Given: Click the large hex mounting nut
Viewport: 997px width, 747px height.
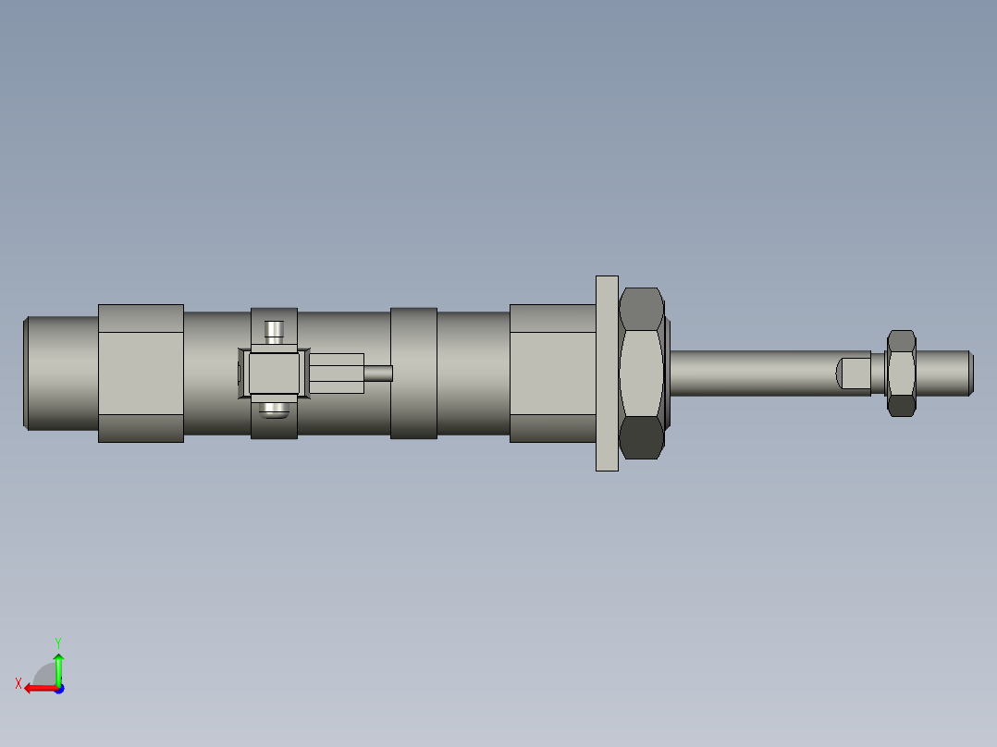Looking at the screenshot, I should coord(641,373).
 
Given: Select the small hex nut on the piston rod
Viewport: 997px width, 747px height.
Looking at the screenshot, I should coord(901,373).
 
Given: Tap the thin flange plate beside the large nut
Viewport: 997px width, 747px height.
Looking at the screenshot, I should coord(607,373).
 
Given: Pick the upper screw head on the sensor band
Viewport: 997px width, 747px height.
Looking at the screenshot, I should coord(274,329).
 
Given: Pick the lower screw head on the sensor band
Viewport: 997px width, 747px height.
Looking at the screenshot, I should coord(274,410).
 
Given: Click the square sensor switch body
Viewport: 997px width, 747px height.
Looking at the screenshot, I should coord(274,373).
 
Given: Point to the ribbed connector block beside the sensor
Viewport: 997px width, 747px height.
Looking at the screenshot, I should coord(336,373).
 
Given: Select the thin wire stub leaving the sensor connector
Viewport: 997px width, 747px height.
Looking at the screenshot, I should coord(378,373).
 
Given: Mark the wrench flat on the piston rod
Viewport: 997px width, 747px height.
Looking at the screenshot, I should coord(854,373).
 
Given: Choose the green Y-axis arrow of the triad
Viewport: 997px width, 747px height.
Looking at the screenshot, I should coord(58,667).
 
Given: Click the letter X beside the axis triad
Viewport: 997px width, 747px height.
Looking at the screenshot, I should coord(18,683).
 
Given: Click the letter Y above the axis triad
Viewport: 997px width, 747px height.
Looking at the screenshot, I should coord(57,642).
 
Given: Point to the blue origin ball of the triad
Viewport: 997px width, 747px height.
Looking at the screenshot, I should coord(58,688).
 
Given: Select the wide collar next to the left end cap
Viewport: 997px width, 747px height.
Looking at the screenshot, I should coord(141,373).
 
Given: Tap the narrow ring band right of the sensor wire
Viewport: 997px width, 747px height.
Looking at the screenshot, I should coord(413,373).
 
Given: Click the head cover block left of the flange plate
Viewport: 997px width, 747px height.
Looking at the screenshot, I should coord(552,373).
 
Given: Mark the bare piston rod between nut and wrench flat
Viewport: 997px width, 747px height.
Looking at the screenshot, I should coord(749,373).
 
